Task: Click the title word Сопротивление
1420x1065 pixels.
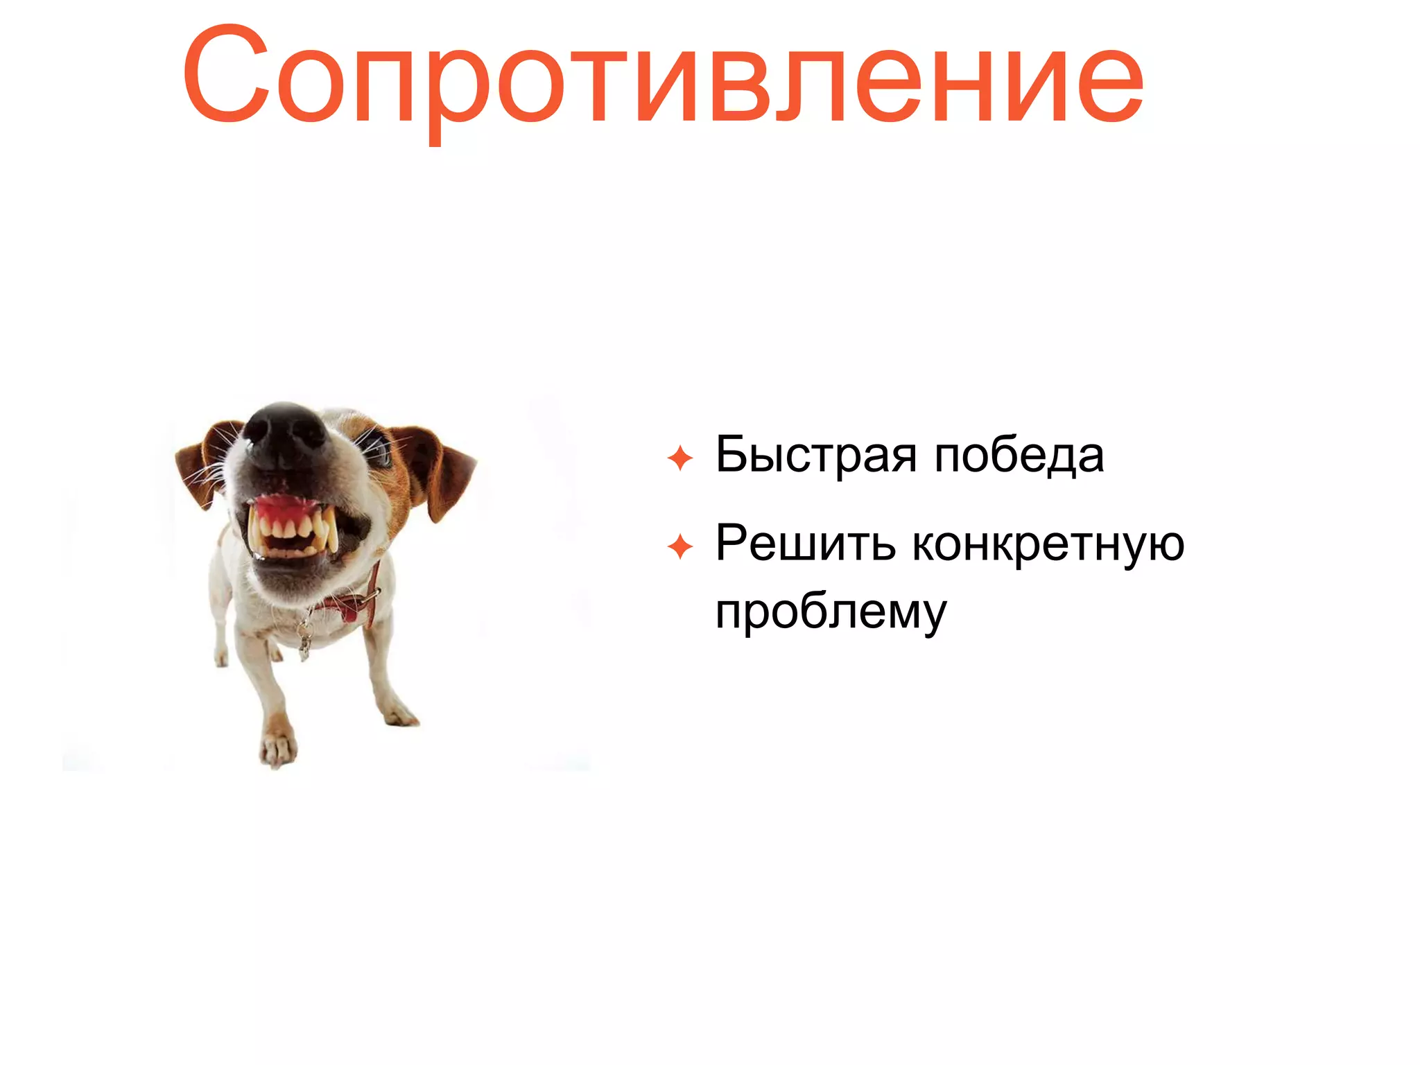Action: pyautogui.click(x=662, y=76)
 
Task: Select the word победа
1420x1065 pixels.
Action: pyautogui.click(x=1019, y=456)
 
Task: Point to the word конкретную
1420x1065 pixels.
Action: pyautogui.click(x=1047, y=544)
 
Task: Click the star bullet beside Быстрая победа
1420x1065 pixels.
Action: pyautogui.click(x=680, y=458)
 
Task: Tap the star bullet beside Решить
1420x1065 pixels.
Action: pyautogui.click(x=680, y=547)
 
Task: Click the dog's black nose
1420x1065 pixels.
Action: pyautogui.click(x=284, y=433)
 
